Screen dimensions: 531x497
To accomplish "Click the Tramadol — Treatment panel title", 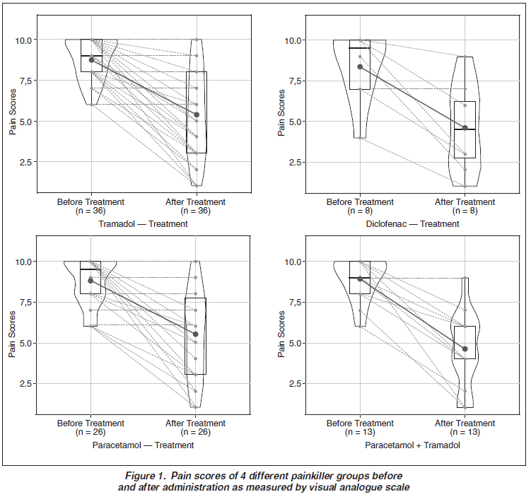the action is tap(143, 224).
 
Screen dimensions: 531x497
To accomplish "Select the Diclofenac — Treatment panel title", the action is tap(412, 224).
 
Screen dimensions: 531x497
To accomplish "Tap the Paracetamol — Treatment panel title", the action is tap(143, 445).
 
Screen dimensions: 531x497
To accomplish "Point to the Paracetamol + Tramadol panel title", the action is tap(412, 445).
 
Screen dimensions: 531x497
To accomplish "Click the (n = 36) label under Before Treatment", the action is tap(91, 211).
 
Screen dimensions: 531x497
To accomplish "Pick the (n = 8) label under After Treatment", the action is tap(465, 211).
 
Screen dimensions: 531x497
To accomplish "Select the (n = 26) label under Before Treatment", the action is tap(91, 433).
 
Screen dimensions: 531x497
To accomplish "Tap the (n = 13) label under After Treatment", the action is tap(465, 433).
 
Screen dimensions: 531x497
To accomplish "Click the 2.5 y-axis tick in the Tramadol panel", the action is tap(25, 162).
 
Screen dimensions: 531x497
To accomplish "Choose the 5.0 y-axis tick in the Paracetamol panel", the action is tap(25, 344).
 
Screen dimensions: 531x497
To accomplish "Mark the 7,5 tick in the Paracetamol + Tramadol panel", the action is tap(295, 303).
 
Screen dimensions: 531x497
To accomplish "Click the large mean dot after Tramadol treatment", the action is tap(197, 115).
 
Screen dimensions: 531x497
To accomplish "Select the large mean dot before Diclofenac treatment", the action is tap(360, 66).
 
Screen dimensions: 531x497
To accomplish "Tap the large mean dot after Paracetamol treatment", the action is tap(195, 334).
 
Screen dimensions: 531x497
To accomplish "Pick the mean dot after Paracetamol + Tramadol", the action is tap(465, 349).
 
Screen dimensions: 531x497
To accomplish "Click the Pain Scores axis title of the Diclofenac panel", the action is tap(281, 112).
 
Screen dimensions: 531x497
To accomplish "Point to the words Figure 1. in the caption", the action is tap(145, 476).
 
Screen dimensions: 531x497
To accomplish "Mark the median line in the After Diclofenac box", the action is tap(465, 129).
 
